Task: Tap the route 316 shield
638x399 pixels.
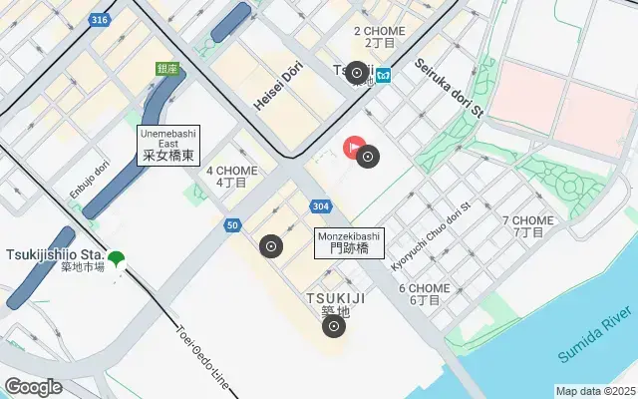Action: click(x=99, y=19)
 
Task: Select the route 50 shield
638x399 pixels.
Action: click(x=232, y=225)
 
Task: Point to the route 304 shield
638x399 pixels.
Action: click(x=320, y=206)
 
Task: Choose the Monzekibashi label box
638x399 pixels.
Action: click(x=342, y=242)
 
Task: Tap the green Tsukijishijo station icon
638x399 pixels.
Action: click(x=116, y=260)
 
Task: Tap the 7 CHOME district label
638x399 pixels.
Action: click(x=528, y=226)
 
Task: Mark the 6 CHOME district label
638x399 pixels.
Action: click(x=425, y=293)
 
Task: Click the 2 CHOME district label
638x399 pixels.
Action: click(x=379, y=37)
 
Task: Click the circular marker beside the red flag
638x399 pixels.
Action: click(x=369, y=156)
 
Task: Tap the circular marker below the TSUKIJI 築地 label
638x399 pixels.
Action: click(x=334, y=326)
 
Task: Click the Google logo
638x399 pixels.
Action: click(x=33, y=386)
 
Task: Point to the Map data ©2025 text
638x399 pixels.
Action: click(x=594, y=391)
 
